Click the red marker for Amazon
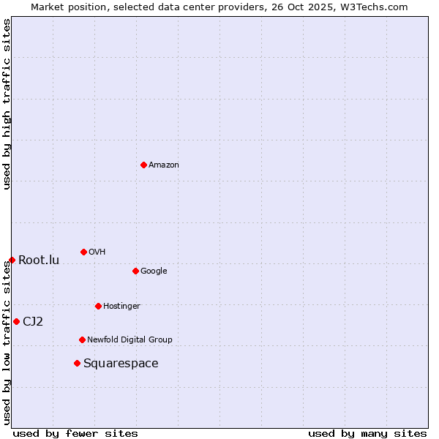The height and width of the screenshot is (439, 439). point(143,165)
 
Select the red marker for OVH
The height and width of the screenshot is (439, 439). point(83,252)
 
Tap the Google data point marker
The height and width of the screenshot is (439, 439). point(135,271)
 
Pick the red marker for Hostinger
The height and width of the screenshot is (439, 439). point(98,306)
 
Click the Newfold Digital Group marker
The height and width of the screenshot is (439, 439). point(82,339)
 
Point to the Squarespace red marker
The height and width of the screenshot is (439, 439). point(77,363)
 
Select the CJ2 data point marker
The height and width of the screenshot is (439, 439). point(16,321)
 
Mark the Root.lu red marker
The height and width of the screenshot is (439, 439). point(12,260)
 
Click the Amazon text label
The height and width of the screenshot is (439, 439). point(164,165)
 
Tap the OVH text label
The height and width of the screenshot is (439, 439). point(97,252)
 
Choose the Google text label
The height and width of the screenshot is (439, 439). point(154,271)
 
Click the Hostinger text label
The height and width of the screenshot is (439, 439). point(121,306)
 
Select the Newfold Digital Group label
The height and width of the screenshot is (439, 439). point(130,339)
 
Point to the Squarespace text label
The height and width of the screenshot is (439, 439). point(121,364)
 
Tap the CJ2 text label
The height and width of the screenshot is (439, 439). point(33,321)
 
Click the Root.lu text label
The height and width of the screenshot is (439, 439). point(39,260)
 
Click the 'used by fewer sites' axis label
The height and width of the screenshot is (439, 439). point(75,433)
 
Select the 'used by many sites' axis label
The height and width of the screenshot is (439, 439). point(367,433)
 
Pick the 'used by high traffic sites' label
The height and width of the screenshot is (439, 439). point(7,104)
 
